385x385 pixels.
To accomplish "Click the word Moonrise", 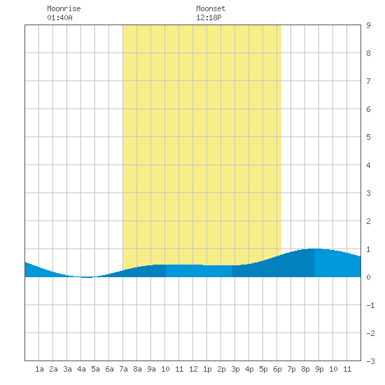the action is click(x=64, y=8).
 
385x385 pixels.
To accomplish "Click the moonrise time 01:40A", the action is click(x=59, y=17).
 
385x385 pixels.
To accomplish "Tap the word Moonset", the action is click(x=211, y=8).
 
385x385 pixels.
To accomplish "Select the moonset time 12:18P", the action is click(x=209, y=17).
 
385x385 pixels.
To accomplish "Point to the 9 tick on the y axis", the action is click(x=368, y=25).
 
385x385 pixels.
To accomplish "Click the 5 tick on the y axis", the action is click(x=368, y=137).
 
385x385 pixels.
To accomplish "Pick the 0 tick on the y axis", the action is click(x=368, y=277).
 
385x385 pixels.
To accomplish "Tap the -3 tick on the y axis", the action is click(x=370, y=361).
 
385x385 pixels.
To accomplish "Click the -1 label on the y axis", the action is click(x=370, y=305).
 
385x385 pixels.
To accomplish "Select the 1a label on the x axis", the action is click(x=39, y=369).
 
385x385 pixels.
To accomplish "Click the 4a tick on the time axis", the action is click(x=81, y=369).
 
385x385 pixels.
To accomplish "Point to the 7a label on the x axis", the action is click(x=123, y=369).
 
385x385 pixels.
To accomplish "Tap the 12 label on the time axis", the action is click(x=193, y=369).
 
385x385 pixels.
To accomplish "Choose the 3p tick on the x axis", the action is click(x=235, y=369).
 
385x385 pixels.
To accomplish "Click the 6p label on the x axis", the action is click(x=277, y=369).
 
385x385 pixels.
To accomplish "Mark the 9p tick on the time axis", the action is click(x=319, y=369).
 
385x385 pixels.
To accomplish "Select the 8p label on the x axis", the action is click(x=305, y=369).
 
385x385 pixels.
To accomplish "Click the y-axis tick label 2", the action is click(x=368, y=221).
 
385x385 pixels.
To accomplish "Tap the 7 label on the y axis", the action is click(x=368, y=81).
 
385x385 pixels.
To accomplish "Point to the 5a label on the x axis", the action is click(x=95, y=369).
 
